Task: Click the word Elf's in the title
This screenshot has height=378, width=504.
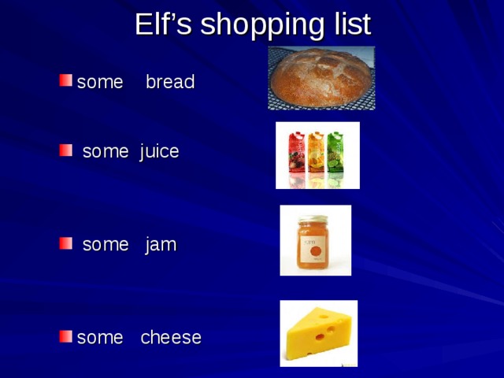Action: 163,24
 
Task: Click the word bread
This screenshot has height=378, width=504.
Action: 170,82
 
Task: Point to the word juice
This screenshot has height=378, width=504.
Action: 160,151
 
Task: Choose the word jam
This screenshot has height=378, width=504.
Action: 161,245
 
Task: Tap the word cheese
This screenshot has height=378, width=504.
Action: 171,338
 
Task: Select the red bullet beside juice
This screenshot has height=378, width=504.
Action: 66,150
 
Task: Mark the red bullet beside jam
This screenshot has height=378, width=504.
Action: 66,244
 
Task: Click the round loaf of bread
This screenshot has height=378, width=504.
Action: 321,76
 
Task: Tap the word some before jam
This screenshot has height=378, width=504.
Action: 105,245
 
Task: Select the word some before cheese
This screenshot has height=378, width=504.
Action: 100,338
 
